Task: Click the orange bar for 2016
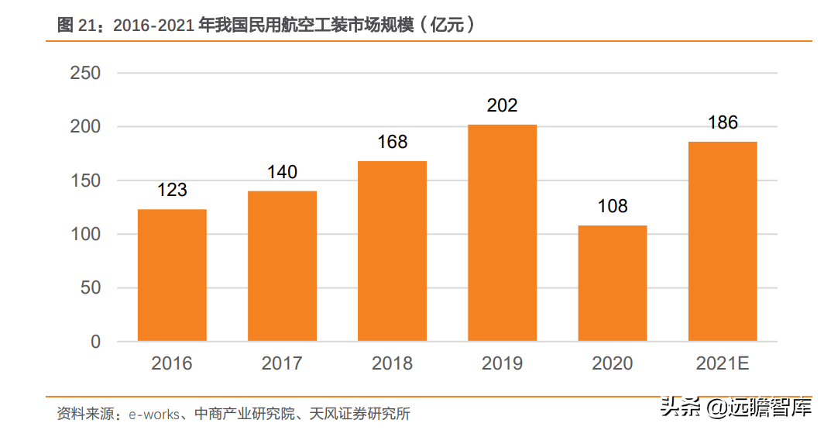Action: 172,275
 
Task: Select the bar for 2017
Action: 282,266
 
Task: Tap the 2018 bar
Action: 392,251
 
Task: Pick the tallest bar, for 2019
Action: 502,232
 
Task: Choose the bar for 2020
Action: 612,283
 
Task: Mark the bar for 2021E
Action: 723,241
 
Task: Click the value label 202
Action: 502,105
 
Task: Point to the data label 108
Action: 612,207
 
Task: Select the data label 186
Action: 723,122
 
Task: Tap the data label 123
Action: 172,190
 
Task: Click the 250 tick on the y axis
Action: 85,74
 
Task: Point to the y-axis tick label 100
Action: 85,234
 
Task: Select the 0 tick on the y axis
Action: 95,342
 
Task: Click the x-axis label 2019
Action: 502,363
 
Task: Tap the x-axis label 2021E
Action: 723,363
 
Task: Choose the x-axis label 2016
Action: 172,363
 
